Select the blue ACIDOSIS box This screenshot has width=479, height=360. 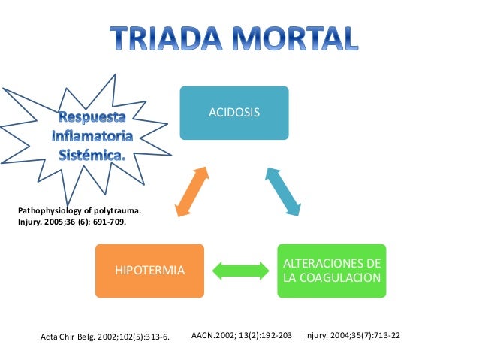tap(233, 113)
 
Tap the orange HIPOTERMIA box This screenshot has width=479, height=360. tap(149, 270)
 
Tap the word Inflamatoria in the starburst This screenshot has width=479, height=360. tap(92, 138)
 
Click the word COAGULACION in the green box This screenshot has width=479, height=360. tap(331, 278)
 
